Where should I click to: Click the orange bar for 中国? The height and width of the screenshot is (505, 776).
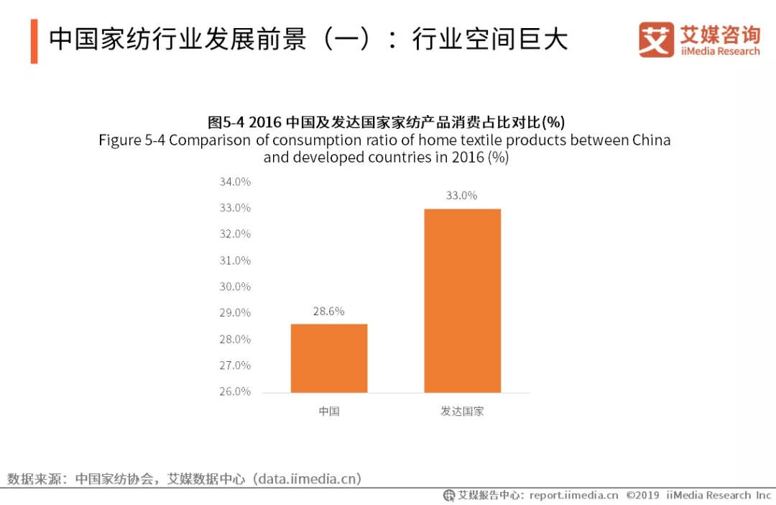click(329, 358)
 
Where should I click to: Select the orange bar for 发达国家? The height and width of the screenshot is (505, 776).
click(462, 300)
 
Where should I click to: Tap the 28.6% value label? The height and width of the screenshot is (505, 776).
click(328, 311)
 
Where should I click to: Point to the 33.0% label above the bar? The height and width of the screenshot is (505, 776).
click(461, 196)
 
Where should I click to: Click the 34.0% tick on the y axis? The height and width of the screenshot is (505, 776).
click(235, 182)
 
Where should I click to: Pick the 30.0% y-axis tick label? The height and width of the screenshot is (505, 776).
click(235, 286)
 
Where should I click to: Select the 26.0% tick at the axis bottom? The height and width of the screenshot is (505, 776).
click(235, 391)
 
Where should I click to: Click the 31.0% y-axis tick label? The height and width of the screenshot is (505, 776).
click(235, 260)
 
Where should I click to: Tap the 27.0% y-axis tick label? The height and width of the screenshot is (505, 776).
click(235, 365)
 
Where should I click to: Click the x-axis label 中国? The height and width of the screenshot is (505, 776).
click(329, 411)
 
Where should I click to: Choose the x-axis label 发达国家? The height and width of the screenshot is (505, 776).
click(462, 411)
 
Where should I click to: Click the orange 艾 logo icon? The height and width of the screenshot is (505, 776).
click(656, 40)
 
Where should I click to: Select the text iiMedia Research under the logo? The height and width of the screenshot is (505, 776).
click(719, 51)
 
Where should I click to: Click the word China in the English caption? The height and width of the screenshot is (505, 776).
click(652, 140)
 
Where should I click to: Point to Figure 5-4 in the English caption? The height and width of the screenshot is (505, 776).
click(131, 140)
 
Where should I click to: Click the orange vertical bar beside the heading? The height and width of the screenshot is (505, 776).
click(34, 41)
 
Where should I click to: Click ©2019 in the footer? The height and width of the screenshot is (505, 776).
click(644, 495)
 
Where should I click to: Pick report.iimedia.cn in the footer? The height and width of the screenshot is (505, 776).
click(573, 495)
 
